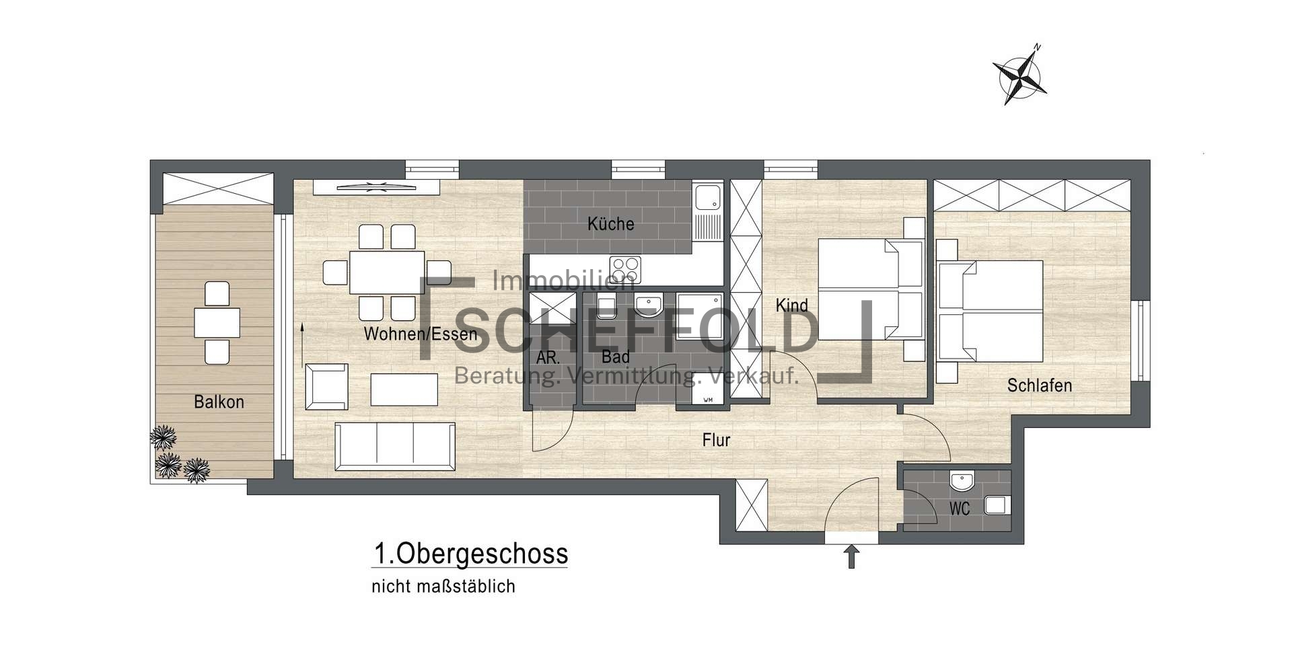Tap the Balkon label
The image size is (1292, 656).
point(219,402)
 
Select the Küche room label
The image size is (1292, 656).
point(610,223)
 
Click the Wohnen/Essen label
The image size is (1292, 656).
point(421,333)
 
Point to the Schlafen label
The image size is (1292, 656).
point(1039,385)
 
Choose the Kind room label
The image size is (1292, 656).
point(791,305)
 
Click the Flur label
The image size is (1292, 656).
point(716,440)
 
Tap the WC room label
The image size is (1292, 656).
point(960,509)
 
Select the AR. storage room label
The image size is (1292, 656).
point(548,357)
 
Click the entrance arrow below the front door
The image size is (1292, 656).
point(851,556)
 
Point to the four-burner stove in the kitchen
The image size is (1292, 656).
point(625,270)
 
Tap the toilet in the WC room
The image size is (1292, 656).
point(997,504)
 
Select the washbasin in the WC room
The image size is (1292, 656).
point(962,482)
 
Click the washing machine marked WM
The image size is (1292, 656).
point(708,389)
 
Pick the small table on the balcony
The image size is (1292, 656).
point(217,322)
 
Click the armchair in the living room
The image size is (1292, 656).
point(326,386)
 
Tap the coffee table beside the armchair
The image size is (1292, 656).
point(404,390)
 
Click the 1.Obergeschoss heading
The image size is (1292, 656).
point(470,554)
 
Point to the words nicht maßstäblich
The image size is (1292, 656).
point(443,586)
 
